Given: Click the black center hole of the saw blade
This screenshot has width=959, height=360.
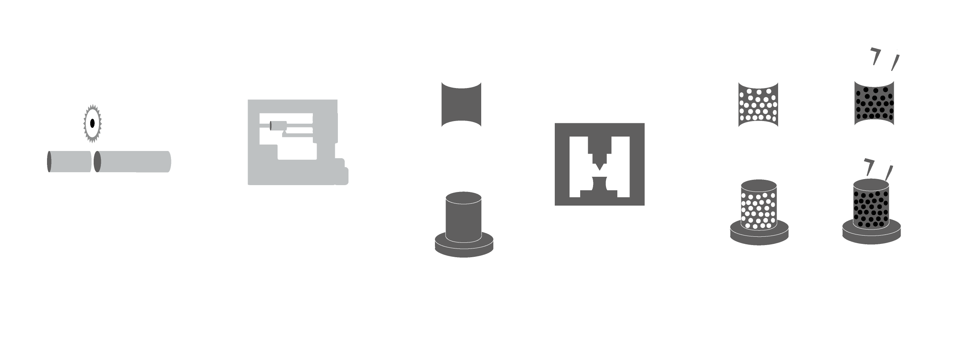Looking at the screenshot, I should [93, 123].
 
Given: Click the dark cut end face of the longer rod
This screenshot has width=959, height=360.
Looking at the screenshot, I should [97, 162].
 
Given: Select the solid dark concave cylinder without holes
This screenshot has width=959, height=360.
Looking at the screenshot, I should [461, 104].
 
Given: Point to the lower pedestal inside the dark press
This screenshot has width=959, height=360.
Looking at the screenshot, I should [599, 190].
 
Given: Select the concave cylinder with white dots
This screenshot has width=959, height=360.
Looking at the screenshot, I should [758, 104].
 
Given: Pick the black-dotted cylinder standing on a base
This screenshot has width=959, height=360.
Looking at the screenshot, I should [871, 205].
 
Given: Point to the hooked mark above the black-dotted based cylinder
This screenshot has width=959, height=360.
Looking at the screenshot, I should [868, 167].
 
